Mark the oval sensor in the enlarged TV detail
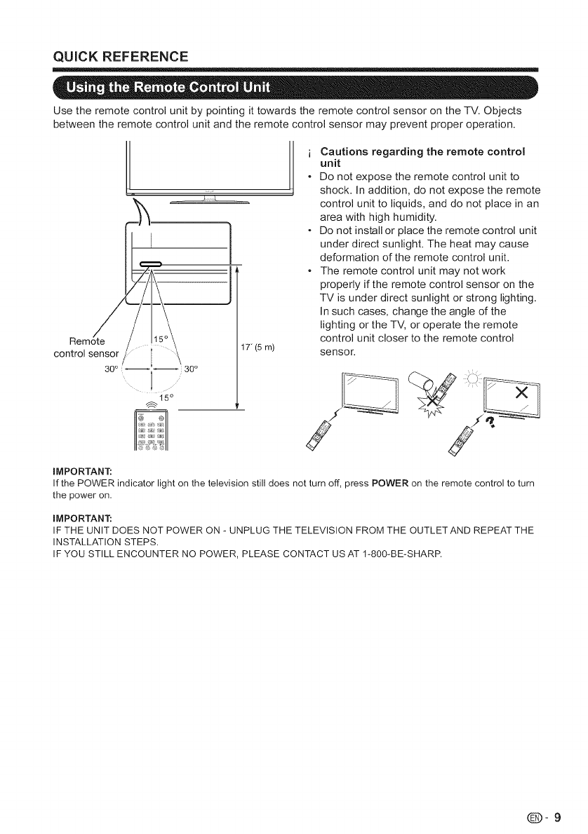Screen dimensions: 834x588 pyautogui.click(x=152, y=264)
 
